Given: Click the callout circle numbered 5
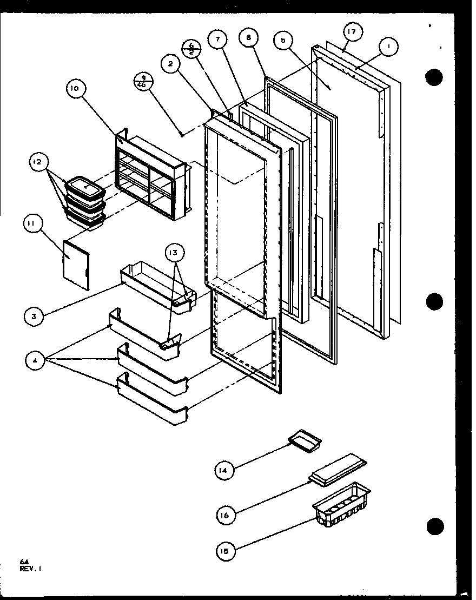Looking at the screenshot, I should (284, 41).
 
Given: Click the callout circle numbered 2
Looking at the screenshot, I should (171, 64).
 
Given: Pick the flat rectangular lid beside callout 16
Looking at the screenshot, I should (338, 467).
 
